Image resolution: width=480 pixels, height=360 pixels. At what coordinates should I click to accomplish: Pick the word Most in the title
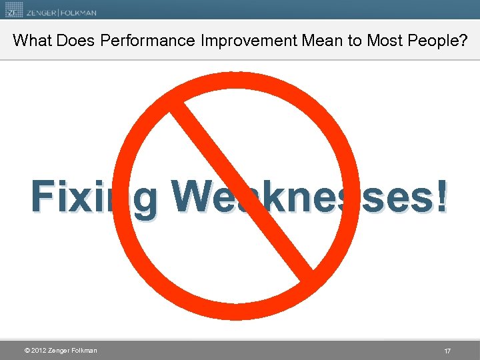[381, 41]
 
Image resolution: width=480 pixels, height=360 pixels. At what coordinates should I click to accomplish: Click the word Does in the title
[76, 41]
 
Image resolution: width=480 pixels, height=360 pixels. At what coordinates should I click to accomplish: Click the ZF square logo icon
[13, 10]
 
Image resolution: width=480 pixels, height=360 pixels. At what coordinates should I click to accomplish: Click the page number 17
[447, 351]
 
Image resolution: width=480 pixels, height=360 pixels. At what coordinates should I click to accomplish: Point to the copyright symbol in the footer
[26, 351]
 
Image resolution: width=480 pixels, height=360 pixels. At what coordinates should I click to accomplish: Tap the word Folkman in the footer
[85, 351]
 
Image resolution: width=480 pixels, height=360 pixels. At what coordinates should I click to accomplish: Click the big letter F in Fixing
[43, 197]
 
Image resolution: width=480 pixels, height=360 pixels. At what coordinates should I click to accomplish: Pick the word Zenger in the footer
[62, 351]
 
